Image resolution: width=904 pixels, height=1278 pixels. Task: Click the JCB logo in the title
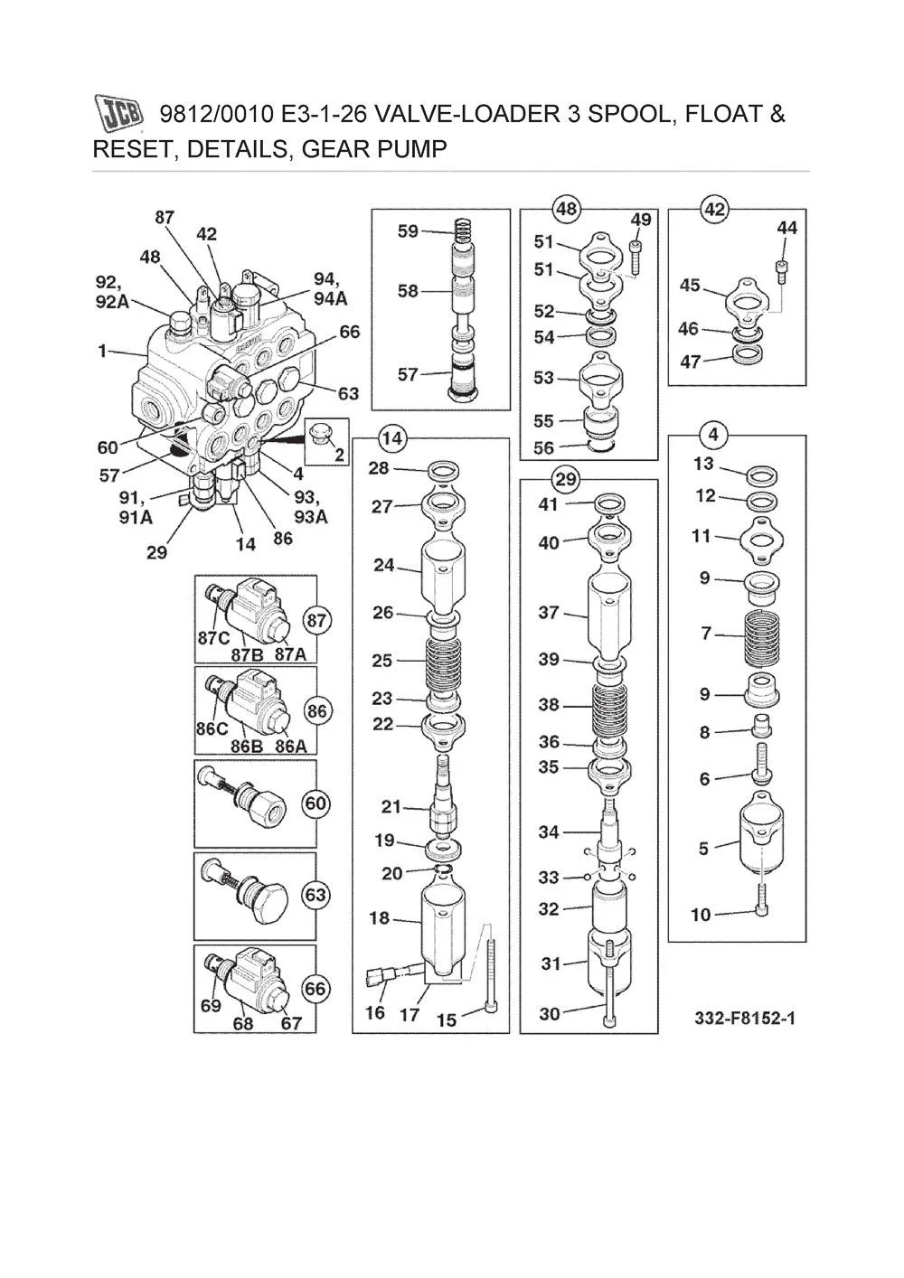[x=119, y=115]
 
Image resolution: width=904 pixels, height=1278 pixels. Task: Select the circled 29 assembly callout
[x=567, y=478]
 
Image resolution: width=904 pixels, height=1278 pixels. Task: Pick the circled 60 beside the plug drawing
[x=315, y=803]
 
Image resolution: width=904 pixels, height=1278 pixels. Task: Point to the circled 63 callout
[x=315, y=896]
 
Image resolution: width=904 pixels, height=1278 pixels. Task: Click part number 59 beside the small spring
[x=408, y=231]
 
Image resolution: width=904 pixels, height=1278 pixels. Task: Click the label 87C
[x=213, y=637]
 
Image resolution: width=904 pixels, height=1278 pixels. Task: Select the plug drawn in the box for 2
[x=320, y=437]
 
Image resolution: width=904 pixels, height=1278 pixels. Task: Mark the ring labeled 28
[x=444, y=471]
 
